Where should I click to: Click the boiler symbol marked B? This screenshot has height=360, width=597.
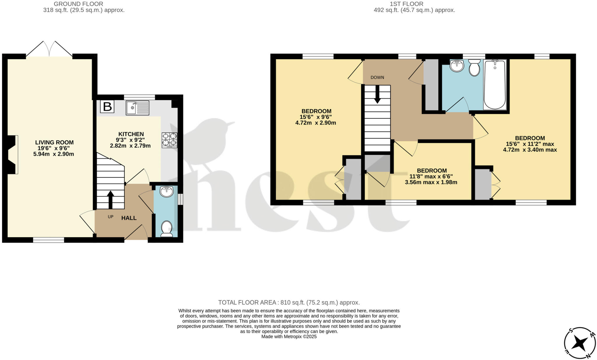(x=107, y=107)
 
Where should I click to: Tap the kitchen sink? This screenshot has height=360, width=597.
(x=138, y=108)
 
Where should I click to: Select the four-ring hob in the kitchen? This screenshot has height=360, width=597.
(x=169, y=140)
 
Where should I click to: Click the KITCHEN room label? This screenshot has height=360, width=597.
(x=131, y=134)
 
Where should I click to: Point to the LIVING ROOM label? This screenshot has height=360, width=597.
(x=54, y=142)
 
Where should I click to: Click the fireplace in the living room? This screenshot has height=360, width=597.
(x=13, y=155)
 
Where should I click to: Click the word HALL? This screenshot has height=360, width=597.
(x=129, y=218)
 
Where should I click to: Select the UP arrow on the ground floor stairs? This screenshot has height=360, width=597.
(x=110, y=200)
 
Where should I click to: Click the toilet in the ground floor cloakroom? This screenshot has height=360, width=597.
(x=167, y=228)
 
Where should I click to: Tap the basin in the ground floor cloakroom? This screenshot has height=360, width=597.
(x=167, y=192)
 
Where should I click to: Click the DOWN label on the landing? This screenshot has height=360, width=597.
(x=377, y=78)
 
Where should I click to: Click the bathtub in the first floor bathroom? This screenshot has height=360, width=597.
(x=495, y=85)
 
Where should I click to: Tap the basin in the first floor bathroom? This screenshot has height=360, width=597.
(x=457, y=66)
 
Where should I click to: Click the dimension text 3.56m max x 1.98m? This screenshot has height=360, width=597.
(x=431, y=183)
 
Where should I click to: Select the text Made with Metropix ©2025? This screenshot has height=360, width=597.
(x=289, y=337)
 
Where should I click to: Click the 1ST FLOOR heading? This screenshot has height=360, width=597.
(x=406, y=4)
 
